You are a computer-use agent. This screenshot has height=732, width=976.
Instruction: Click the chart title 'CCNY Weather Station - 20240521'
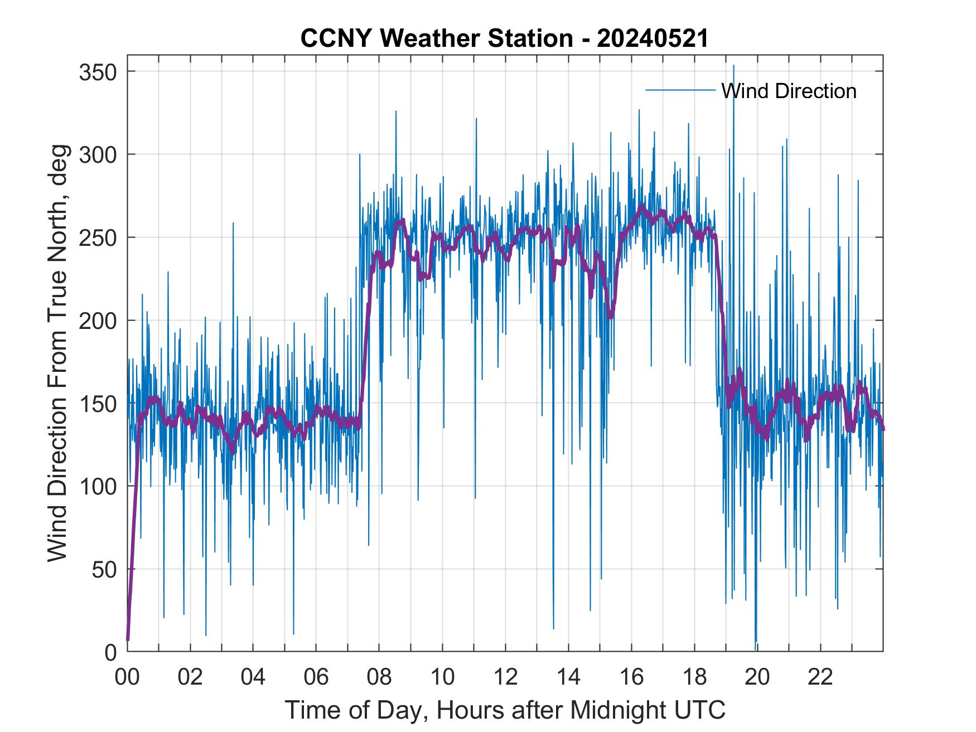pos(504,38)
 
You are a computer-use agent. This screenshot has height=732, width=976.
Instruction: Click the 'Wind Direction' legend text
pos(789,91)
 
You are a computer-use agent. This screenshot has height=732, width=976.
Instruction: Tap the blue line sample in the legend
pos(680,90)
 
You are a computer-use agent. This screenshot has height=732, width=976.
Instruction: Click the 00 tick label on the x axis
pos(127,677)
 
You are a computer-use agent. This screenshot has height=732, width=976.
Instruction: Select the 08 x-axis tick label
pos(379,677)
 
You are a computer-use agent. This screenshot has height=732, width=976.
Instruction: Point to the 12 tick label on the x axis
pos(505,677)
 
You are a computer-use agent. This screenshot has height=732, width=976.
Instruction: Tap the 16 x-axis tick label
pos(631,677)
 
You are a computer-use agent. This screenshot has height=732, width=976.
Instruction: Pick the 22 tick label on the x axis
pos(820,677)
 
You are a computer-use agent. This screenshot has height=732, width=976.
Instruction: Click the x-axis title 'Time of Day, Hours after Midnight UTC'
pos(505,710)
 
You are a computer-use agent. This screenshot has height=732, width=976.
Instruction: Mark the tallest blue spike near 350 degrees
pos(733,66)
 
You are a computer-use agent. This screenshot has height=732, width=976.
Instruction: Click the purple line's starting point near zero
pos(128,639)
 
